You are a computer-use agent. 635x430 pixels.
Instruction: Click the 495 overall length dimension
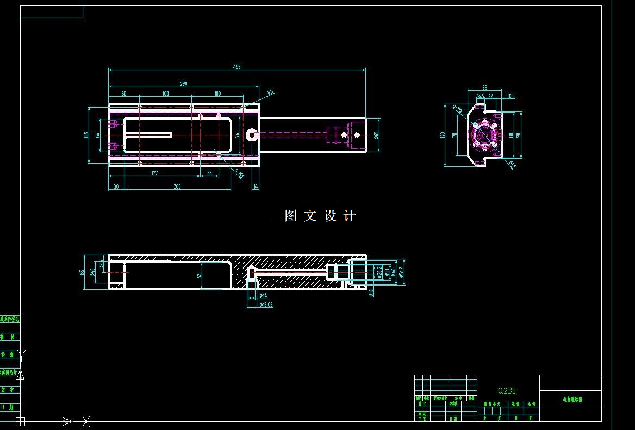point(236,67)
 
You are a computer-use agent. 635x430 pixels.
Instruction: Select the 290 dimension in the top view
point(183,84)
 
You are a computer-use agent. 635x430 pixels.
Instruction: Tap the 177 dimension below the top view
point(154,173)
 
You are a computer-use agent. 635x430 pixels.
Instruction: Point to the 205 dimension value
point(177,186)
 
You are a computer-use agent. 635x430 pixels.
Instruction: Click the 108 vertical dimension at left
point(86,135)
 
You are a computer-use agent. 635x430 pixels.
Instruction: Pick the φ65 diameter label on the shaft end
point(376,134)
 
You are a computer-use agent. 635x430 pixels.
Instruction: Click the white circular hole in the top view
point(252,134)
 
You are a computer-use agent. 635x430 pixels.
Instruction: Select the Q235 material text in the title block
point(507,390)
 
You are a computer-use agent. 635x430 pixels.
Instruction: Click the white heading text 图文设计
point(320,216)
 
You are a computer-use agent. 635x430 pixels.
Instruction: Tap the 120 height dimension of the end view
point(442,135)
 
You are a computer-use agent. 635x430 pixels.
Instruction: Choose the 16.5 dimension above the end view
point(481,96)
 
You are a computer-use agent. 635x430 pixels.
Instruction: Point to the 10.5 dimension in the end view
point(510,96)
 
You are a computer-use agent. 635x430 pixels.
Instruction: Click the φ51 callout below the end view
point(512,164)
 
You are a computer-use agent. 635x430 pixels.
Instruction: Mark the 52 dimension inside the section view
point(200,275)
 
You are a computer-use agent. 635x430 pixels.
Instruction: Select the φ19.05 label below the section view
point(266,304)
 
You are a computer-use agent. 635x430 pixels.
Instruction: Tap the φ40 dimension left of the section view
point(93,271)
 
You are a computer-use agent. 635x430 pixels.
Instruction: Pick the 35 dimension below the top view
point(209,173)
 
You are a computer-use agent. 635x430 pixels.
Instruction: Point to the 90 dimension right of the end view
point(519,135)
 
